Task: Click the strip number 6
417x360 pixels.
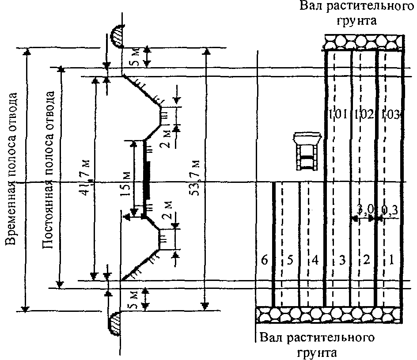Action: pos(265,261)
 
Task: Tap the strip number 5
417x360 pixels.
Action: pos(290,261)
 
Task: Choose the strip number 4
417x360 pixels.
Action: pos(315,261)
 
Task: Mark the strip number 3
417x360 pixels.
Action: pos(341,261)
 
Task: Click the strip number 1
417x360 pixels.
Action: pos(391,261)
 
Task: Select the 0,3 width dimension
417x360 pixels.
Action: pos(390,211)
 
